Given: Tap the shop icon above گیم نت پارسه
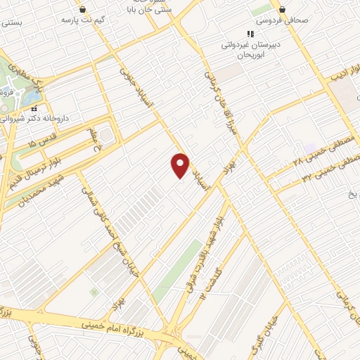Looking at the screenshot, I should [x=84, y=9].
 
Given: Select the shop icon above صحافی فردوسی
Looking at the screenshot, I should [x=282, y=9].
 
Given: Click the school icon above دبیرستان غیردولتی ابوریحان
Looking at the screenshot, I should [x=249, y=33].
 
